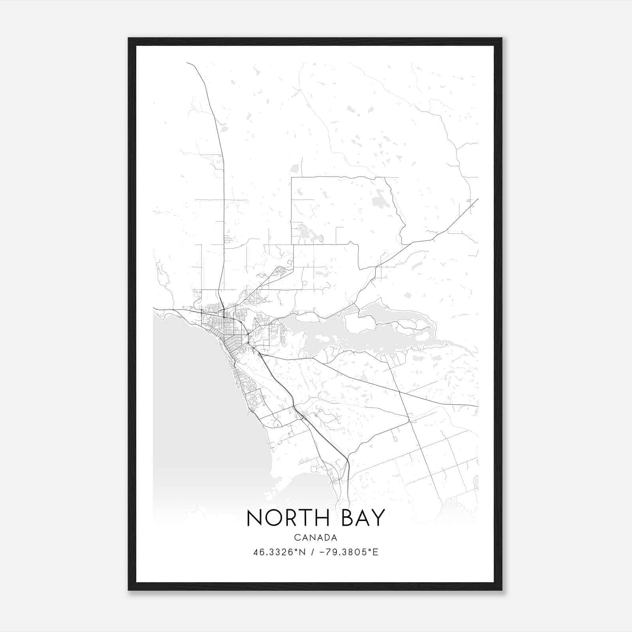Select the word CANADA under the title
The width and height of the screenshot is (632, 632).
316,538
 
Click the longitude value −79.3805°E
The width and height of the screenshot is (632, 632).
349,552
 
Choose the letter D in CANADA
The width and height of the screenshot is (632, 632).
326,538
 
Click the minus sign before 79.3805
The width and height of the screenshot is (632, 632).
322,552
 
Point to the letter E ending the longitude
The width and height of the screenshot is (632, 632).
376,552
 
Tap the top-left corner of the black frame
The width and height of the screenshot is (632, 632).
129,39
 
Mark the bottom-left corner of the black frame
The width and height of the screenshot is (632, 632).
129,589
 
